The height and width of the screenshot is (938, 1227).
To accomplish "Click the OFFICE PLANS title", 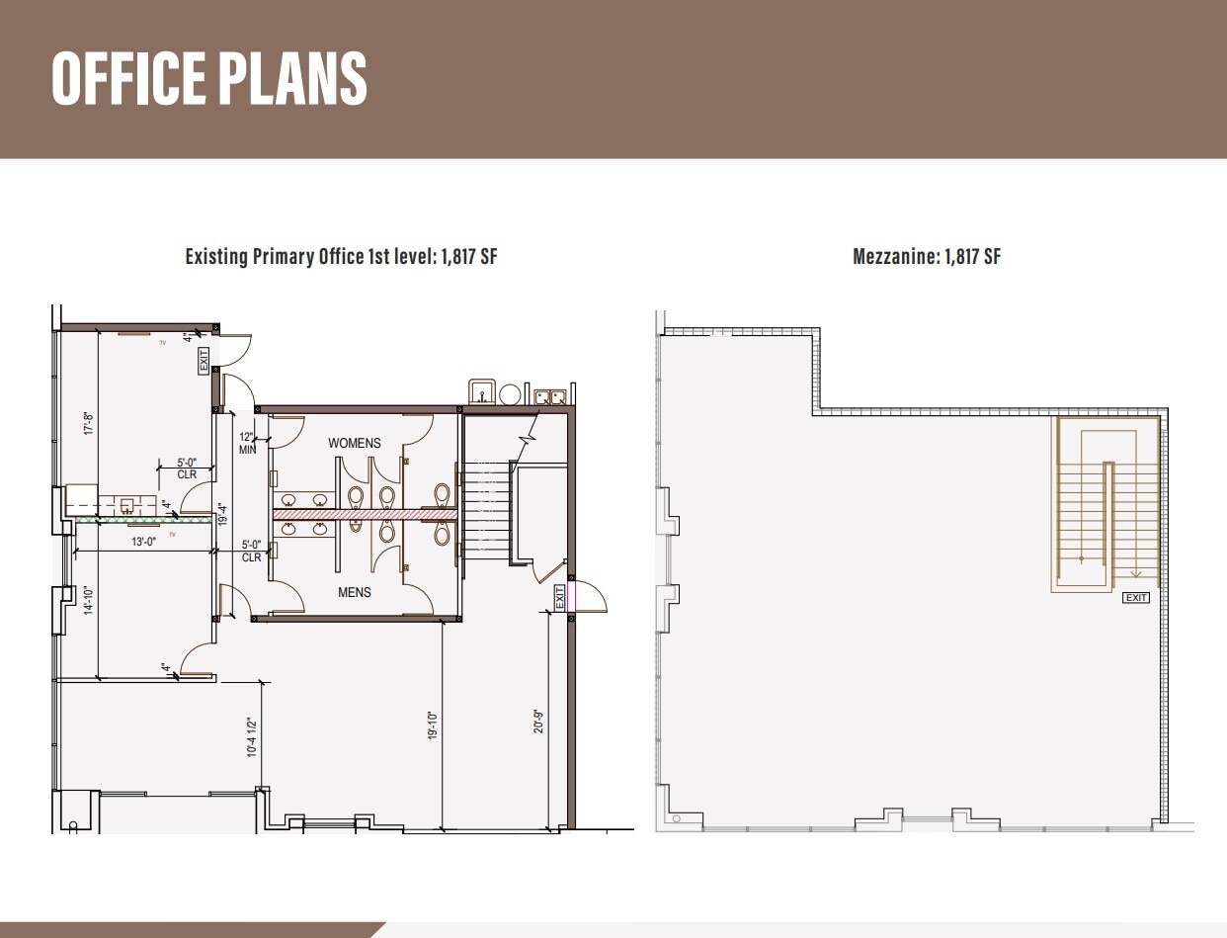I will [209, 78].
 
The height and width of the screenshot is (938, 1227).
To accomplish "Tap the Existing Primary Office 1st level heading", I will [341, 257].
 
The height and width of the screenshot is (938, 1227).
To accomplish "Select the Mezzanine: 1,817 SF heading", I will [927, 257].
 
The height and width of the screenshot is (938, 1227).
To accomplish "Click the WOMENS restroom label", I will [354, 443].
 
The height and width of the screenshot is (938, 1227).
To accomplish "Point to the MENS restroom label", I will [354, 592].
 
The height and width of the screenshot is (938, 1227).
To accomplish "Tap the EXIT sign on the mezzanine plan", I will [1136, 598].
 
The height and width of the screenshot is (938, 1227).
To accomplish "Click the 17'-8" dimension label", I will [87, 424].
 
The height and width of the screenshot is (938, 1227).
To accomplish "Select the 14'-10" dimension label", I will [87, 601].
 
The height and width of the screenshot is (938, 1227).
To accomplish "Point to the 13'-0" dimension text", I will [144, 542].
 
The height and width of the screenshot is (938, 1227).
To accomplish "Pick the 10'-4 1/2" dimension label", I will [252, 737].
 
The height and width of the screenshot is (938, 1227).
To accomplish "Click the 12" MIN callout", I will [247, 443].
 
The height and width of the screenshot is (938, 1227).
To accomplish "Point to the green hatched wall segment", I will [143, 519].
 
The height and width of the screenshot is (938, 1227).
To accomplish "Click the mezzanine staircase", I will [1106, 504].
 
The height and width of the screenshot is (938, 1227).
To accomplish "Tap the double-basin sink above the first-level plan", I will [549, 396].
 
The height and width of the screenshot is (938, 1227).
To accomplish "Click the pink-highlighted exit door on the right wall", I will [572, 597].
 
